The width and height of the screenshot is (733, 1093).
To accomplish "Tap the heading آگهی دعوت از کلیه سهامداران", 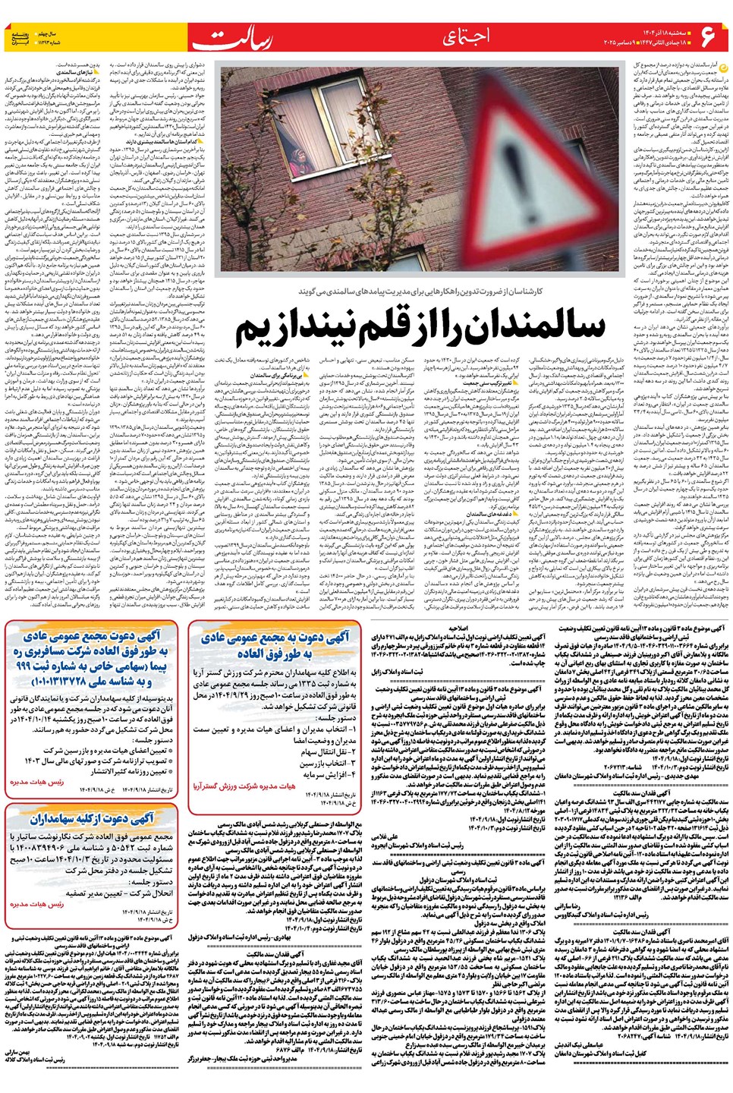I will (92, 818).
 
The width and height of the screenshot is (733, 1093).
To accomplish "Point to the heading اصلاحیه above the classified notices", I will (458, 629).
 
